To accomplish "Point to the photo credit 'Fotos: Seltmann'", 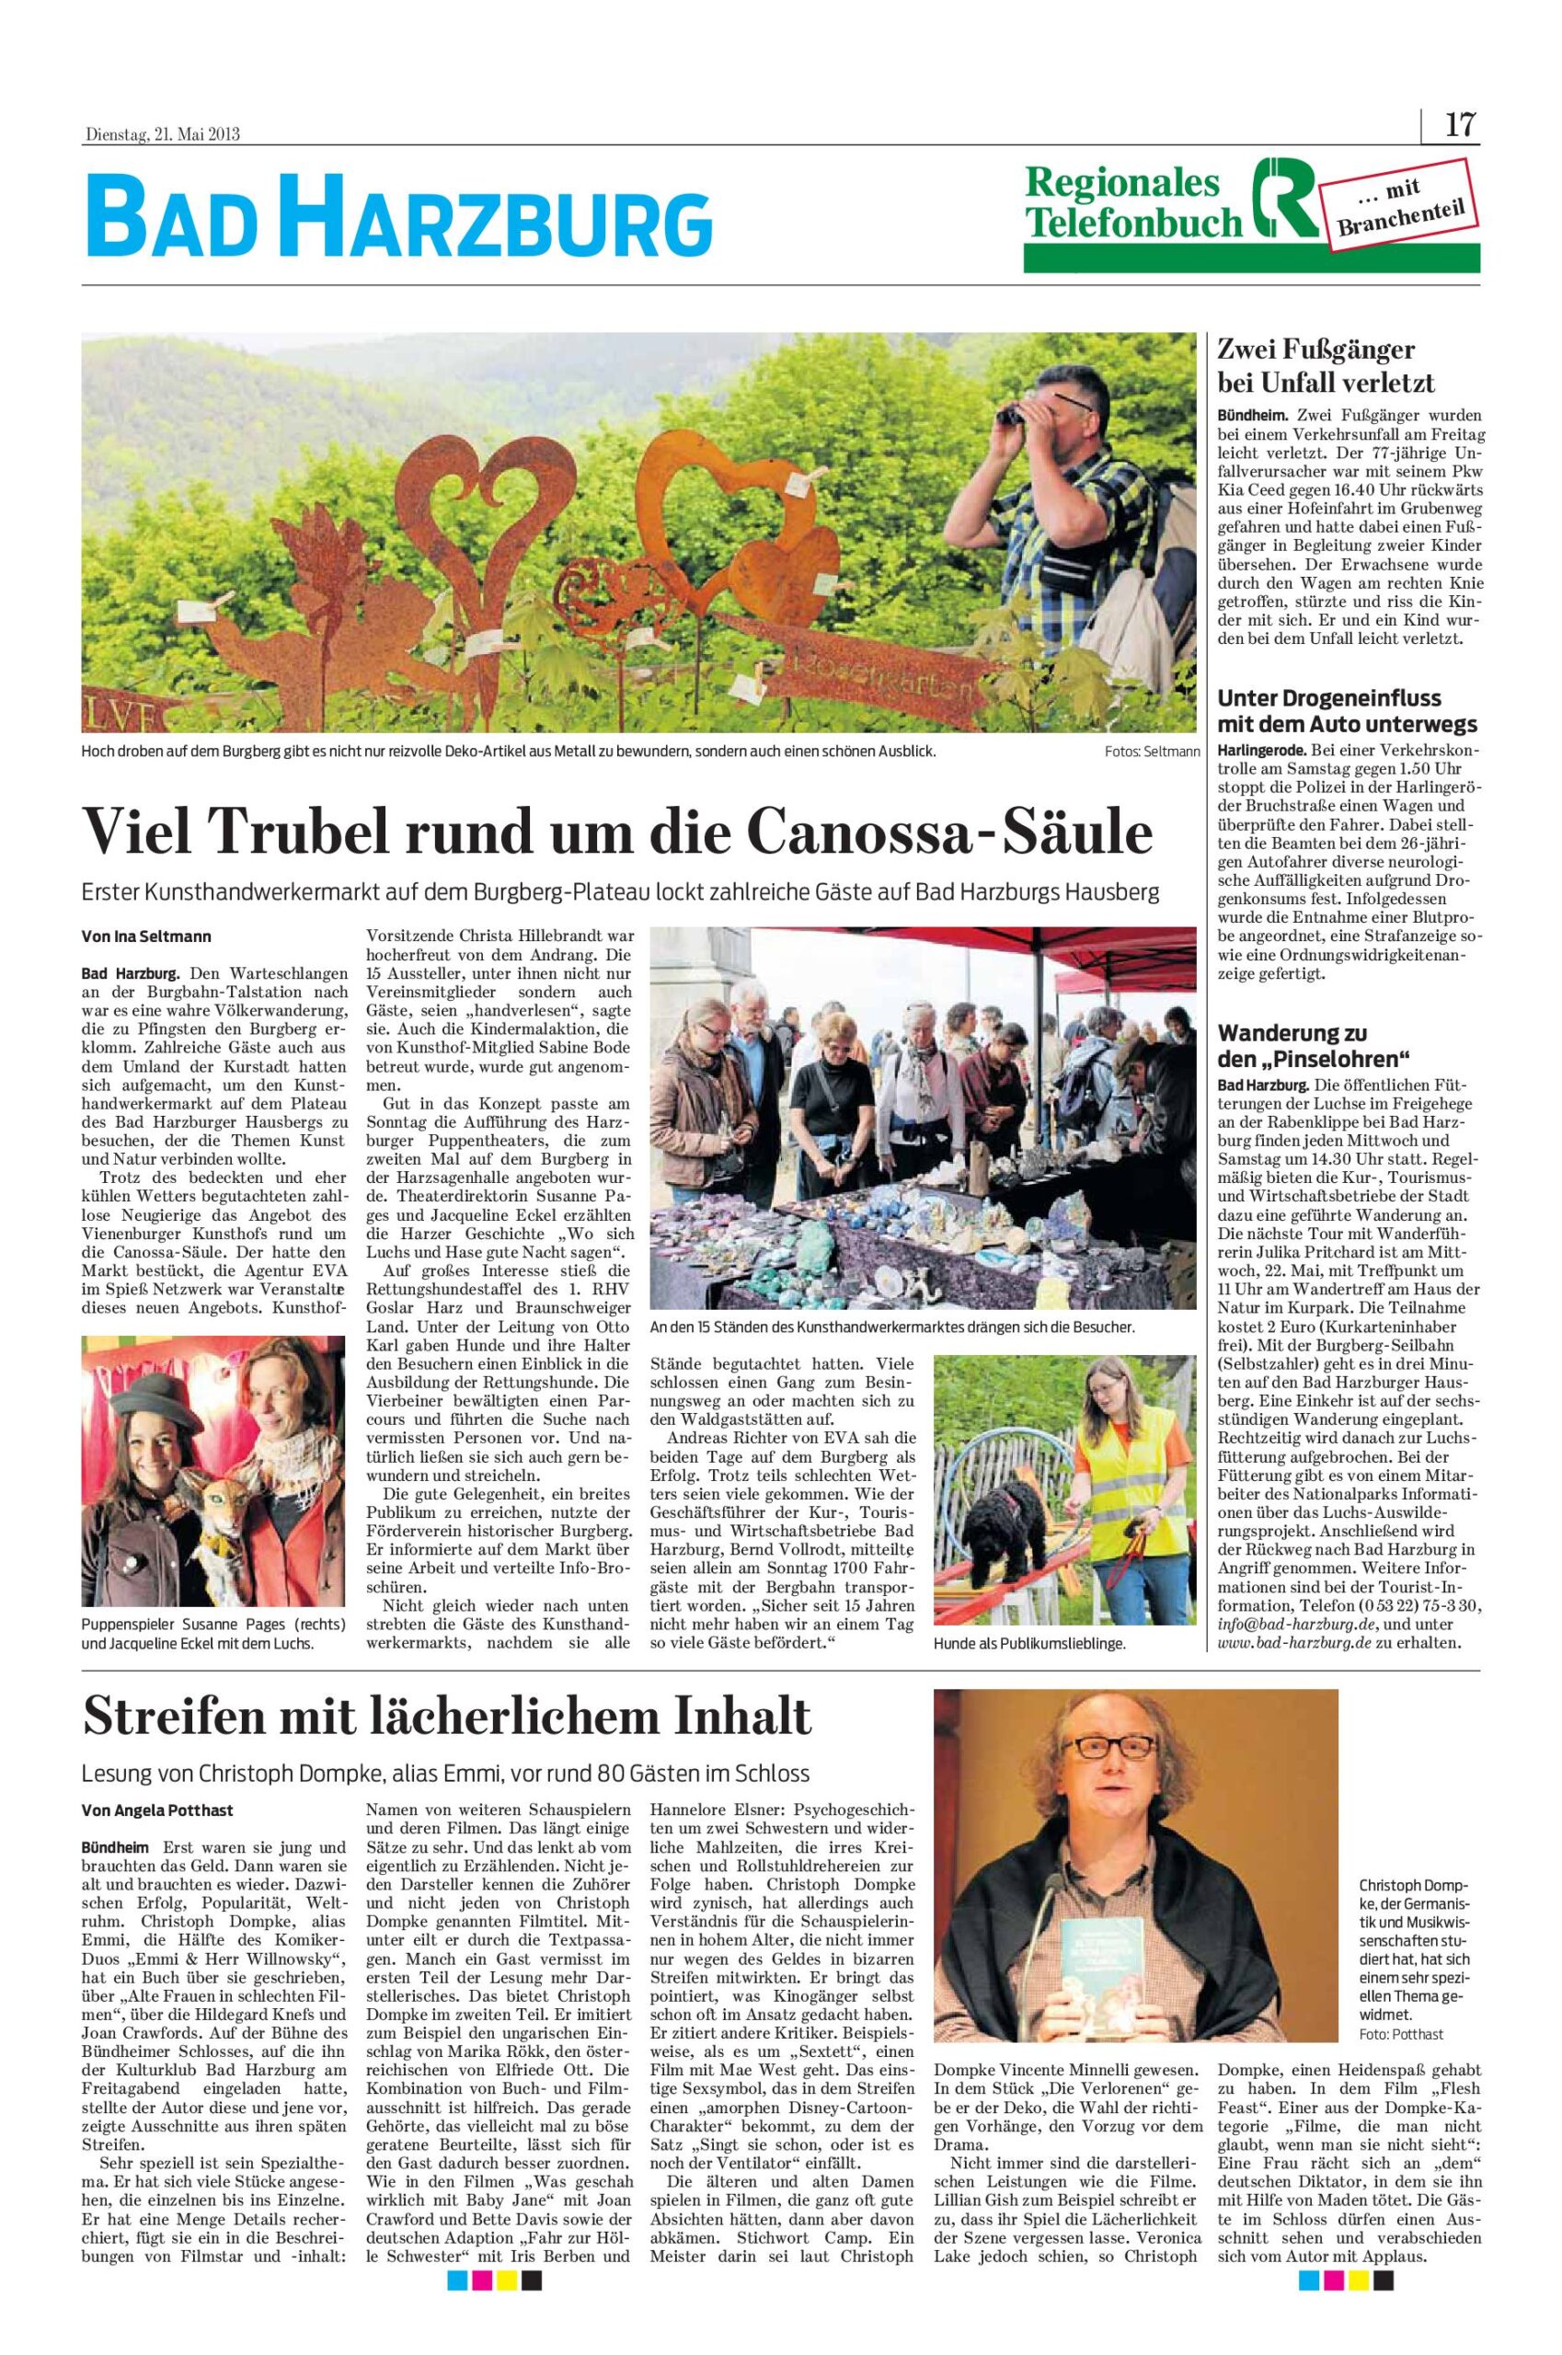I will pos(1152,752).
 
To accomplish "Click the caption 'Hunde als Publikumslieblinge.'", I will pos(1030,1645).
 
